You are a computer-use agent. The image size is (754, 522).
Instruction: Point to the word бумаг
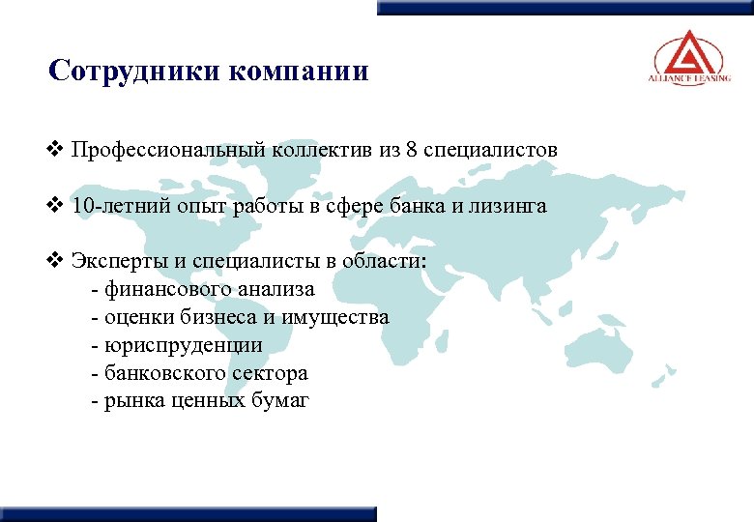click(x=281, y=401)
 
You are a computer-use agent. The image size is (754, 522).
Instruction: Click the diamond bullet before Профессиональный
click(x=55, y=150)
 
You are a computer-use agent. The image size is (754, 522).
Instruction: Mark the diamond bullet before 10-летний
click(x=55, y=206)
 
